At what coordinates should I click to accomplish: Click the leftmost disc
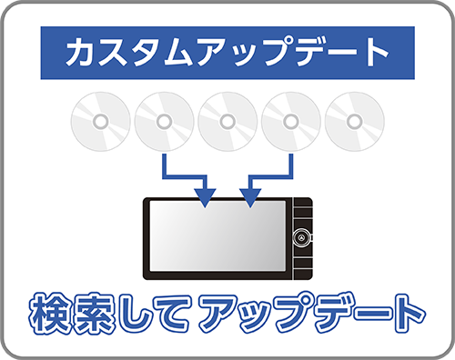[100, 121]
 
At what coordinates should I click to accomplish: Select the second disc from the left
[164, 121]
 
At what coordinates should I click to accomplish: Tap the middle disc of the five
[227, 121]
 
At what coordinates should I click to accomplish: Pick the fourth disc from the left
[291, 121]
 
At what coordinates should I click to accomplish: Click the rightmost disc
[355, 121]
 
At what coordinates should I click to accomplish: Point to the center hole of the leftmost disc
[100, 121]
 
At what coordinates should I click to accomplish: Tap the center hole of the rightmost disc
[355, 121]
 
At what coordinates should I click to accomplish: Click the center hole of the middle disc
[227, 121]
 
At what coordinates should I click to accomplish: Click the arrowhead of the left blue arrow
[206, 195]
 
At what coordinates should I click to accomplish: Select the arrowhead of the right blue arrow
[249, 195]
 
